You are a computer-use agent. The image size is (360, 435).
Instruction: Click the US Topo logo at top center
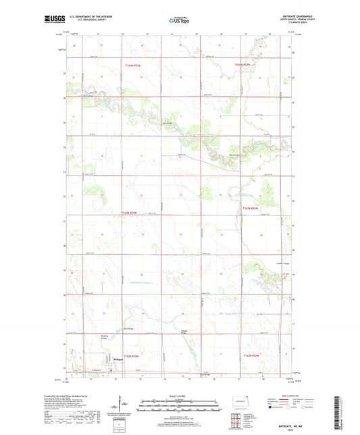coord(179,20)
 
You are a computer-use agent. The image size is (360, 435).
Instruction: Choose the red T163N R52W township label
coord(251,213)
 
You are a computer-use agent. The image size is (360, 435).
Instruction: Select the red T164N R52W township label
coord(242,64)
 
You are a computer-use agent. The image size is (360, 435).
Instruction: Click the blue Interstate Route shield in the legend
coord(271,407)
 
